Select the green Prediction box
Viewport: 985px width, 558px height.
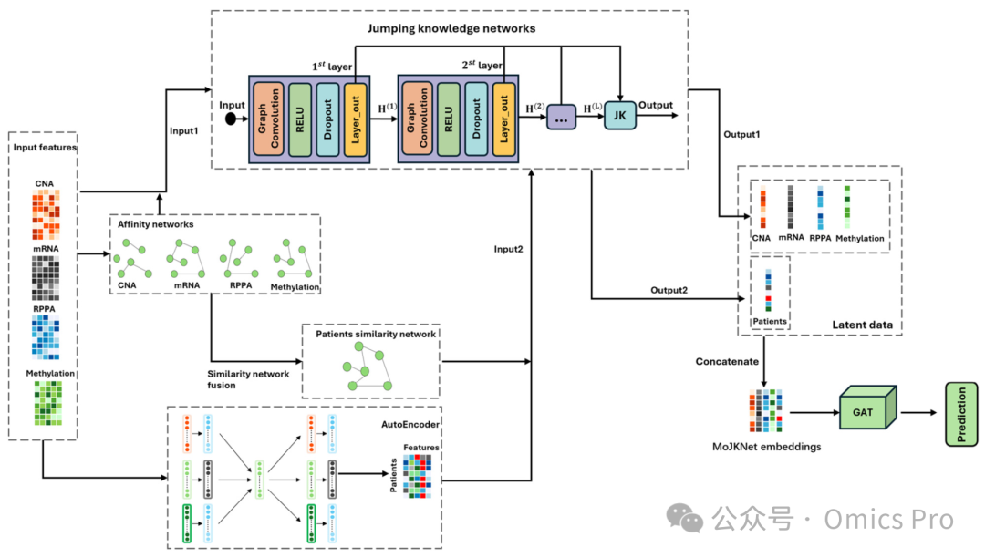coord(961,413)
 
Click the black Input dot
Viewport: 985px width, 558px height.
coord(233,119)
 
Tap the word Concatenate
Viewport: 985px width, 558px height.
coord(726,361)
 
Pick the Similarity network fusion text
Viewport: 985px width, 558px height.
coord(248,379)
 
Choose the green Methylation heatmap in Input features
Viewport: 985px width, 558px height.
coord(44,404)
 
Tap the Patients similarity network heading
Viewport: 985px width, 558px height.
coord(376,334)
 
